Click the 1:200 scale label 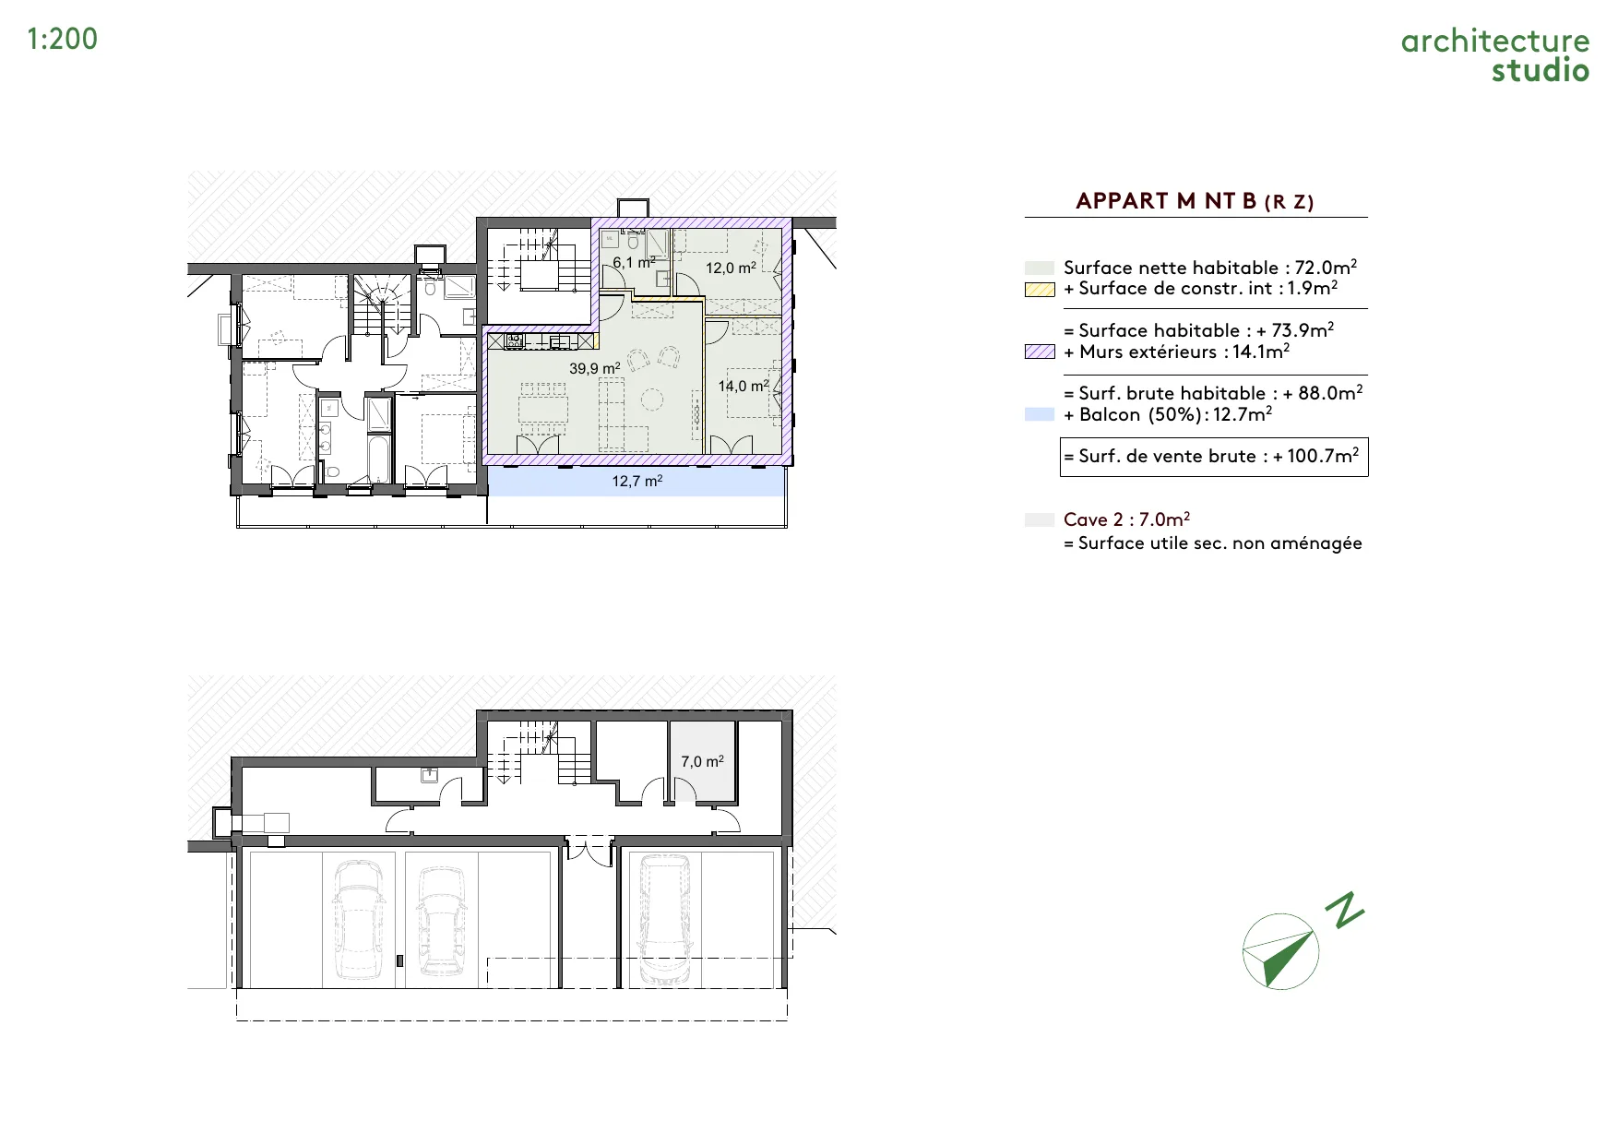[x=63, y=39]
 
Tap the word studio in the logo [x=1541, y=70]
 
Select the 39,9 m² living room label [x=595, y=368]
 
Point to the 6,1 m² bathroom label [x=635, y=262]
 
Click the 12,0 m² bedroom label [x=732, y=268]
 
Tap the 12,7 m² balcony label [x=637, y=481]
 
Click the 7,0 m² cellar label [x=703, y=761]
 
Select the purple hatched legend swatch [x=1040, y=352]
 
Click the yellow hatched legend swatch [x=1040, y=289]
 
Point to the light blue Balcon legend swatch [x=1040, y=414]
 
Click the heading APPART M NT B [x=1166, y=201]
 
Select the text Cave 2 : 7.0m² [x=1126, y=519]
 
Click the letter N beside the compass [x=1345, y=910]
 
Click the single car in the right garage [x=664, y=919]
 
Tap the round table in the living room [x=652, y=400]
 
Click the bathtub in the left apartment [x=379, y=459]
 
